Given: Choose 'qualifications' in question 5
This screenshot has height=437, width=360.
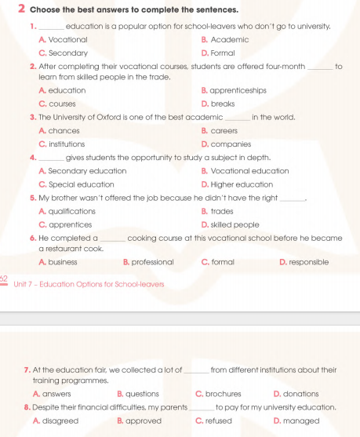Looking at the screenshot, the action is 71,211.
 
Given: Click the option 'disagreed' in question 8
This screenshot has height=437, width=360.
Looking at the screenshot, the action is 60,421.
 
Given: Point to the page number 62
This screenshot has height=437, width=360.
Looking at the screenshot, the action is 4,279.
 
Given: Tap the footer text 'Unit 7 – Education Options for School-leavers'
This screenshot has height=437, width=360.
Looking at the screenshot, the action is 88,283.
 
